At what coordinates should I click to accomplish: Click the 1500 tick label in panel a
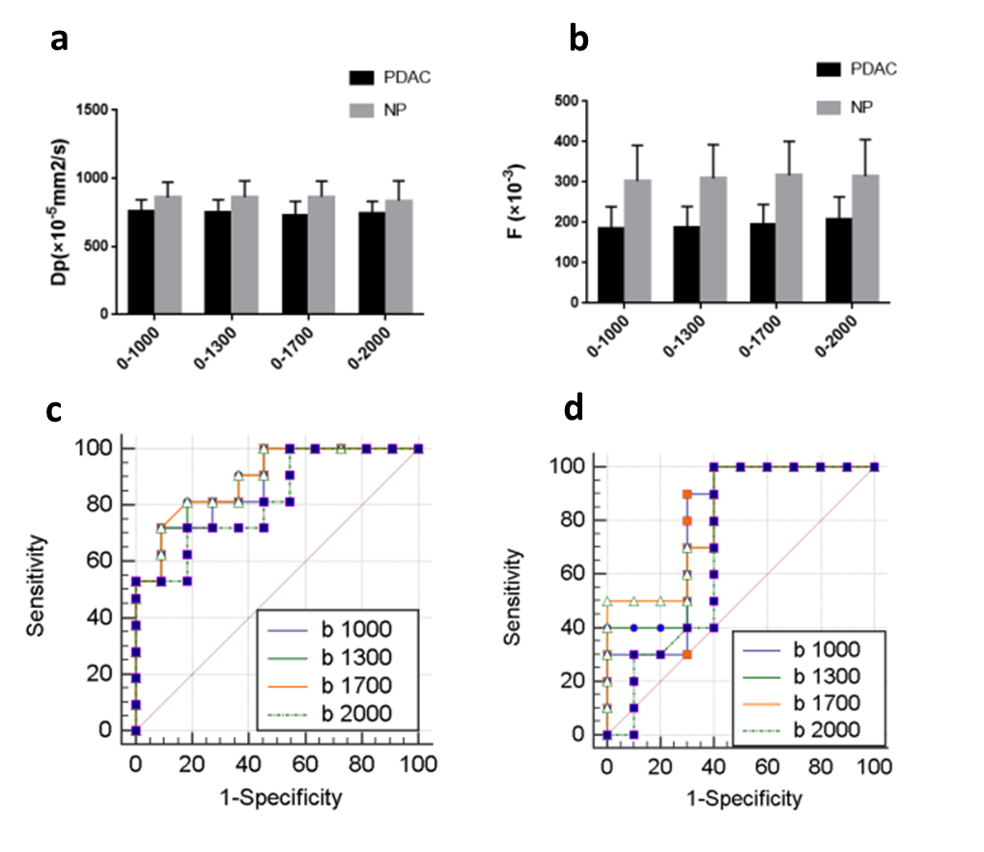coord(92,110)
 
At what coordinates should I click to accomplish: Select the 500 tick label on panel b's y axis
coord(565,101)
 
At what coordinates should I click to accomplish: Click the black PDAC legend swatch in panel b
coord(829,69)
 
